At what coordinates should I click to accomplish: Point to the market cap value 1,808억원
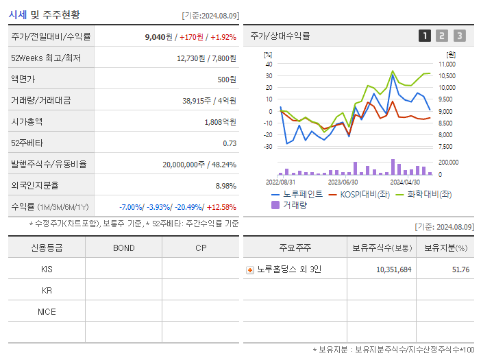(x=221, y=121)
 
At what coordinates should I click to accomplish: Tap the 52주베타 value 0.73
(x=230, y=143)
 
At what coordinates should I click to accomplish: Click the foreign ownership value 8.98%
(x=226, y=185)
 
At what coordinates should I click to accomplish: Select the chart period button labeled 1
(x=425, y=36)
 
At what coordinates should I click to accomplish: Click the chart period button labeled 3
(x=459, y=36)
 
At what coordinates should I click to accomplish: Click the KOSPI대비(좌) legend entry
(x=360, y=194)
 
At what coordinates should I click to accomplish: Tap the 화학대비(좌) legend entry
(x=429, y=194)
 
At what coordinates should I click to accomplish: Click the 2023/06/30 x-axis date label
(x=343, y=182)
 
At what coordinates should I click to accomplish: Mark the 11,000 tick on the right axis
(x=446, y=64)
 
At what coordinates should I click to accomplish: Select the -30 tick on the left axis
(x=269, y=147)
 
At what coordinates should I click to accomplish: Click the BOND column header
(x=123, y=248)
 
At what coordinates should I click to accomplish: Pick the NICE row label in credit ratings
(x=47, y=311)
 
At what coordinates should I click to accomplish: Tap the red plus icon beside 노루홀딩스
(x=249, y=269)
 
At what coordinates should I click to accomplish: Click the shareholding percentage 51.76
(x=460, y=269)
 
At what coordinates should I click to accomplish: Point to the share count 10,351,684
(x=393, y=269)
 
